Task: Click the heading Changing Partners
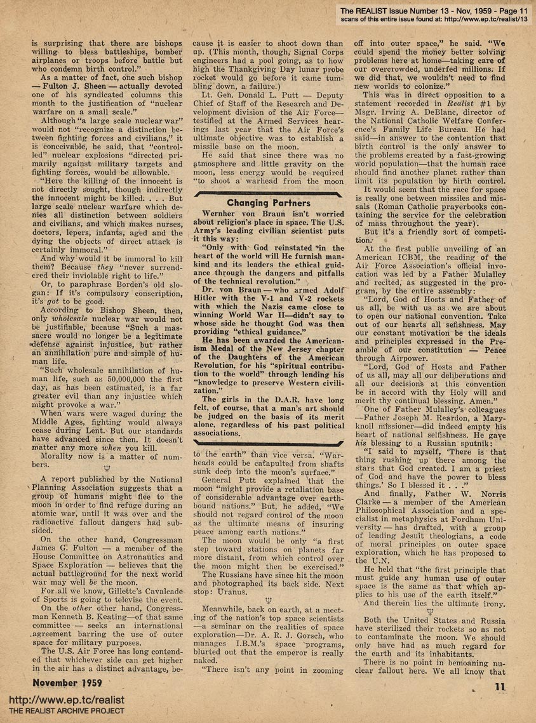[269, 203]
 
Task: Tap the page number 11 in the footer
[500, 686]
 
